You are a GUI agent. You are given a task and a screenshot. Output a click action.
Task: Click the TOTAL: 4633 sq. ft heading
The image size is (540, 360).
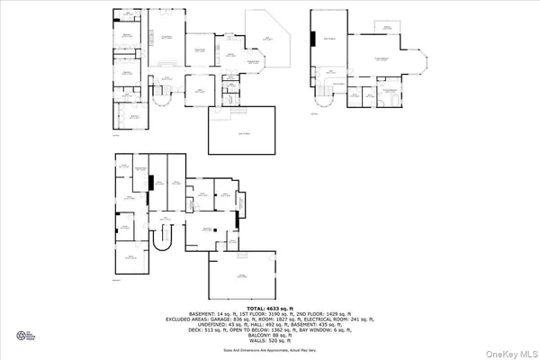pyautogui.click(x=269, y=308)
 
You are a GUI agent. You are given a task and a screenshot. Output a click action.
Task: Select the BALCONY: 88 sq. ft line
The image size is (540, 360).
pyautogui.click(x=270, y=335)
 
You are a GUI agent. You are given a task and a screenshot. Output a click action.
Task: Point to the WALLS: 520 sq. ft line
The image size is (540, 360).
pyautogui.click(x=270, y=341)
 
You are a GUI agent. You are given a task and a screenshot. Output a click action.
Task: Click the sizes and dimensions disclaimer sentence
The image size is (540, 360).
pyautogui.click(x=270, y=350)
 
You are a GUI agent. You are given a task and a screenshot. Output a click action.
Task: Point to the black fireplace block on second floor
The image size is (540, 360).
pyautogui.click(x=313, y=39)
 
